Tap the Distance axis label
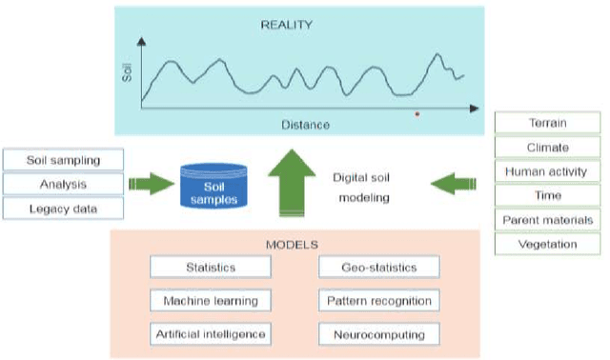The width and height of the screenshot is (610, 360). click(305, 125)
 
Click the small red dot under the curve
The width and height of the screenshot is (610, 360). click(417, 114)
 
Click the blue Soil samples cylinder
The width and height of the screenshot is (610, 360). click(215, 184)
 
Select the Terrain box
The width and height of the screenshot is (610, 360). click(547, 124)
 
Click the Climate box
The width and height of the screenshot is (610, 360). click(547, 148)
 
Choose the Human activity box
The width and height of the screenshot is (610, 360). click(547, 171)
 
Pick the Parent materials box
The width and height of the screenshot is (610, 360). click(547, 220)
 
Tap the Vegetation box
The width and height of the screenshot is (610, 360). click(547, 244)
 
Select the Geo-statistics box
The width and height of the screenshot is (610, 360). click(379, 268)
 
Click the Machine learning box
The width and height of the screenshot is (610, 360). click(210, 301)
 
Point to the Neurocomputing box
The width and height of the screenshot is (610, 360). click(379, 334)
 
